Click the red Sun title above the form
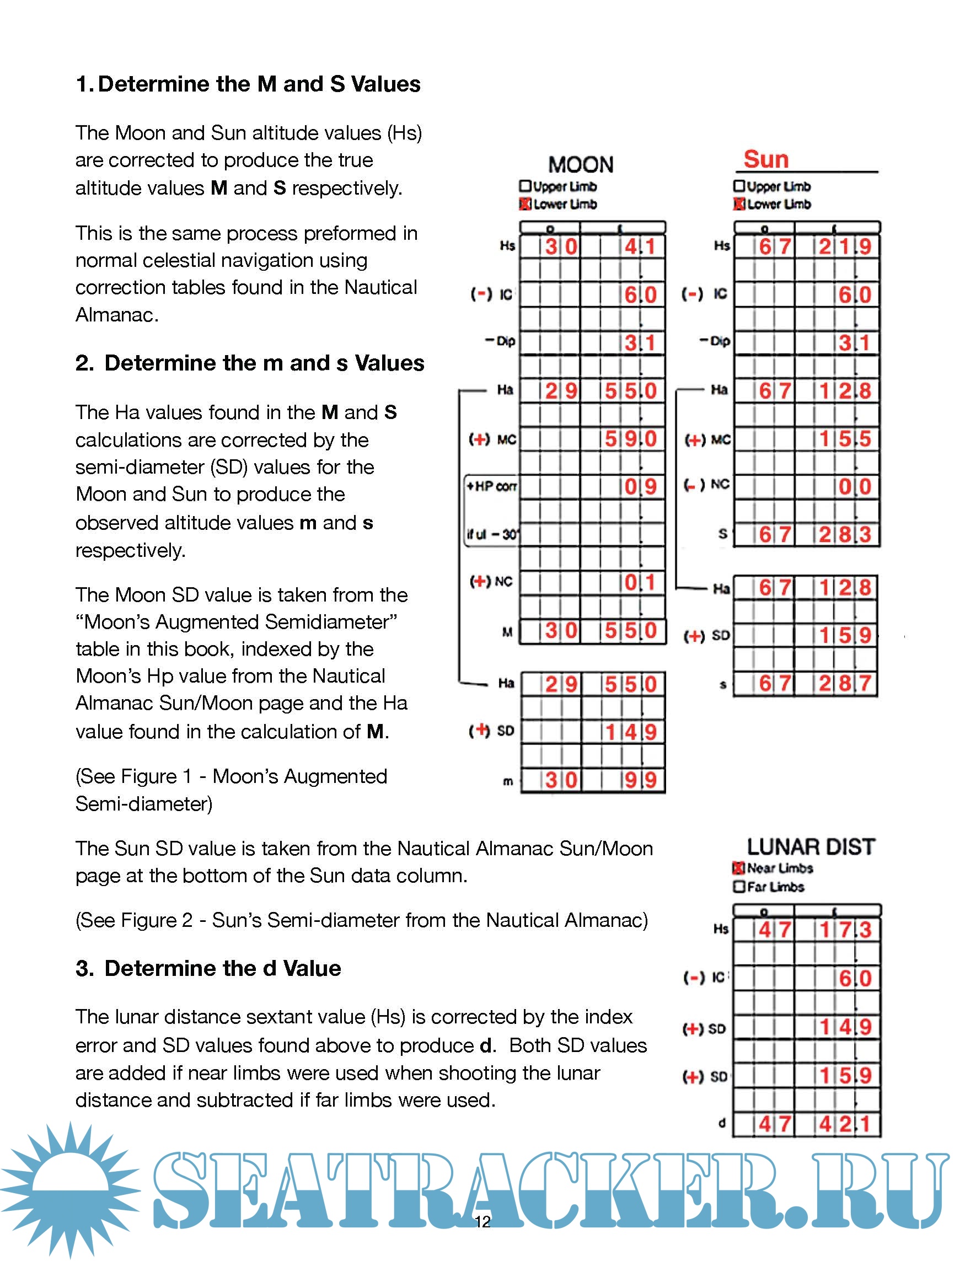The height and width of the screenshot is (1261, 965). pyautogui.click(x=766, y=160)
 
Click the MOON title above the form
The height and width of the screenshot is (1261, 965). pyautogui.click(x=581, y=165)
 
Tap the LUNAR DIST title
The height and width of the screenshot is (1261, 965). pyautogui.click(x=811, y=847)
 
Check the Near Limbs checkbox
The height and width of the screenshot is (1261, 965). pyautogui.click(x=738, y=868)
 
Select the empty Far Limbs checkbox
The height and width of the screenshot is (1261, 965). pyautogui.click(x=739, y=887)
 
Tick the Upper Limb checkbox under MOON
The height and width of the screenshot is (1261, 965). pyautogui.click(x=524, y=186)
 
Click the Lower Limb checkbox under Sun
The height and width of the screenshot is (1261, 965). pyautogui.click(x=739, y=204)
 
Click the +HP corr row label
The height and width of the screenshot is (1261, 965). pyautogui.click(x=491, y=486)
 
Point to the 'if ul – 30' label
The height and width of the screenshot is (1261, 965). pyautogui.click(x=492, y=535)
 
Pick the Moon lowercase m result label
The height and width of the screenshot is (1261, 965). pyautogui.click(x=508, y=781)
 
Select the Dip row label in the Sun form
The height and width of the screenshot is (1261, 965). pyautogui.click(x=715, y=341)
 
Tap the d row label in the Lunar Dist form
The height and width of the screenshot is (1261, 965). pyautogui.click(x=722, y=1123)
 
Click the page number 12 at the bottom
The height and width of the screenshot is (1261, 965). pyautogui.click(x=482, y=1221)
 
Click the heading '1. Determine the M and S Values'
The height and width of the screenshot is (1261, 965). pyautogui.click(x=248, y=84)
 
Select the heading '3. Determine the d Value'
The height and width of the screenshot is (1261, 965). pyautogui.click(x=208, y=968)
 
